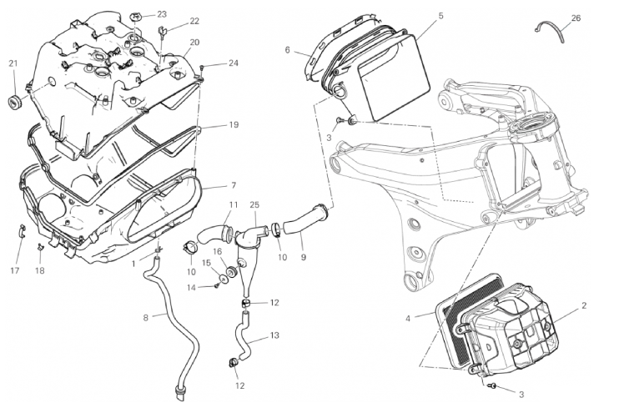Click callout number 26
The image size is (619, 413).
point(576,17)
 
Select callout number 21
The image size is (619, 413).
point(13,63)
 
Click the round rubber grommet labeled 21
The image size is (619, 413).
point(13,102)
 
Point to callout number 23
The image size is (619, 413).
point(162,14)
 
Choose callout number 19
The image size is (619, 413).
point(234,125)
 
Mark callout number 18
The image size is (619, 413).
point(39,271)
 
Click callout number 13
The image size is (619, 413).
point(274,335)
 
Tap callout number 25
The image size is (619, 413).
point(254,204)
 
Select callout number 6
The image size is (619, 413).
point(287,50)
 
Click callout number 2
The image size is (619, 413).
point(584,305)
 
